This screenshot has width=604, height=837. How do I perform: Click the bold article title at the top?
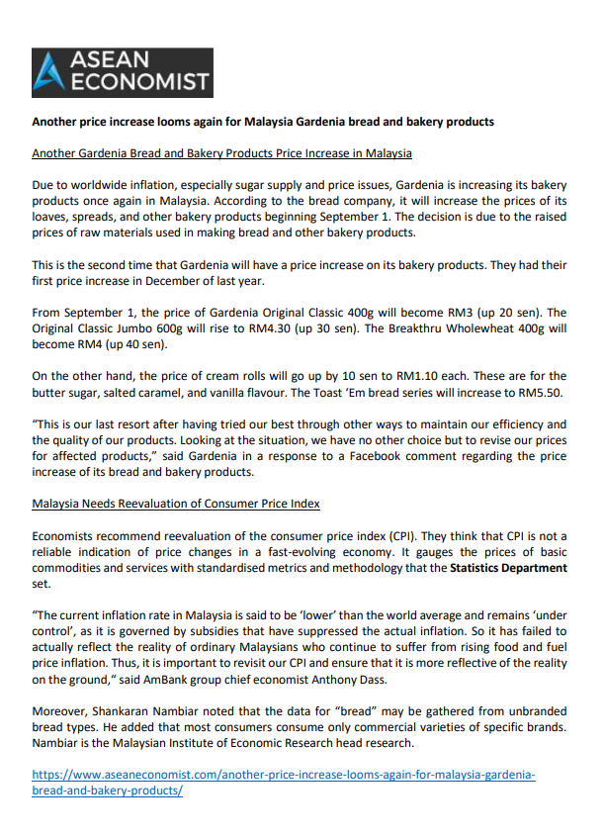[x=263, y=123]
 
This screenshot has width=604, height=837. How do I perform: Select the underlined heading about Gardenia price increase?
[x=221, y=153]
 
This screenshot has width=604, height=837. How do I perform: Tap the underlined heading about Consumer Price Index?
[x=176, y=504]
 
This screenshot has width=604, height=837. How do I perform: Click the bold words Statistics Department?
[x=509, y=568]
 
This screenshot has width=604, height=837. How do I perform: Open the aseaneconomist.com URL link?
[x=284, y=783]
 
